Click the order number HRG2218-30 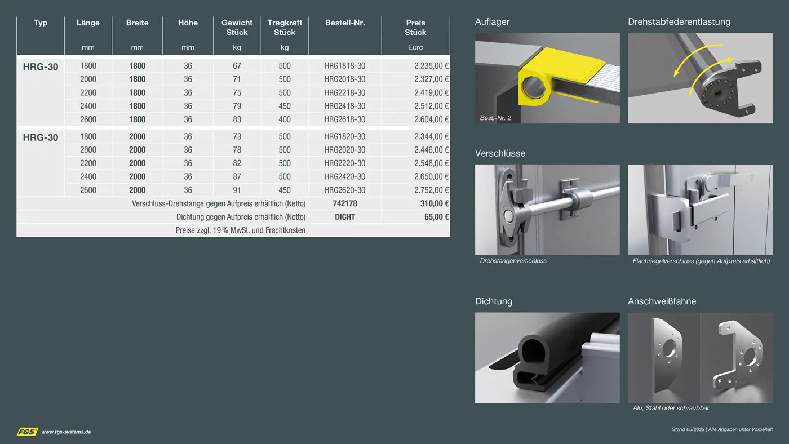345,92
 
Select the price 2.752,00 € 431,190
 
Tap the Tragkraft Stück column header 285,28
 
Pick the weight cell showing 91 237,190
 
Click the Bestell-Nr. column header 345,23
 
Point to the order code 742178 345,203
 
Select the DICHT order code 345,217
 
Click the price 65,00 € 436,217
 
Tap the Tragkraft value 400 285,119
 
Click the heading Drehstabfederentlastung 679,22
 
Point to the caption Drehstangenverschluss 513,261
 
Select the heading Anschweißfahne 662,301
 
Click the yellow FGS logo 28,432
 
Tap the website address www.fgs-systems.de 66,432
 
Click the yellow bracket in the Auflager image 561,76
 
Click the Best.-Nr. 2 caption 495,118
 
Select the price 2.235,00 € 431,66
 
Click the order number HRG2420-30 345,176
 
